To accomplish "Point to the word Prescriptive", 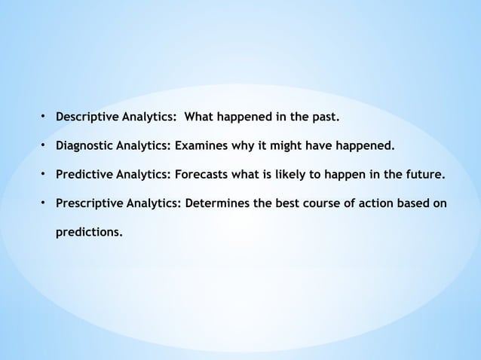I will coord(87,204).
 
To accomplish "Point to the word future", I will coord(424,175).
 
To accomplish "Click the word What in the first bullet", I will coord(201,117).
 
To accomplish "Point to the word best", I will coord(280,204).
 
